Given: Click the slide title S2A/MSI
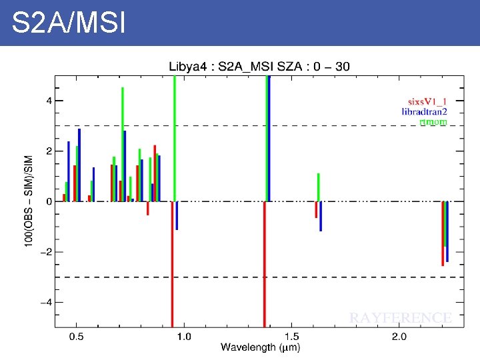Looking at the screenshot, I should coord(68,23).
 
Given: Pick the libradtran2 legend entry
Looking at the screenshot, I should coord(424,111).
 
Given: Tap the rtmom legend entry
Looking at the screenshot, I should coord(433,121).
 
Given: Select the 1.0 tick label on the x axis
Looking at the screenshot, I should coord(183,337).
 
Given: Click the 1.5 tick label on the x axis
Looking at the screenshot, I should coord(291,337).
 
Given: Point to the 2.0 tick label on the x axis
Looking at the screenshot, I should coord(399,337).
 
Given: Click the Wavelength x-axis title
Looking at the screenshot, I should coord(260,347).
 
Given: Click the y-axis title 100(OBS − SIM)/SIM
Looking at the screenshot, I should coord(29,201).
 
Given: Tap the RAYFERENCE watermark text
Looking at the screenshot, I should coord(401,318).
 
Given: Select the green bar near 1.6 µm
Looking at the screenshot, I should coord(319,187).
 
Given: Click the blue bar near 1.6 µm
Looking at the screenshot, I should coord(321,216).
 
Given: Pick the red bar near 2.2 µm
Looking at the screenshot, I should coord(443,233).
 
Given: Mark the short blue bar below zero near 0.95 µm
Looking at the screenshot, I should coord(177,215).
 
